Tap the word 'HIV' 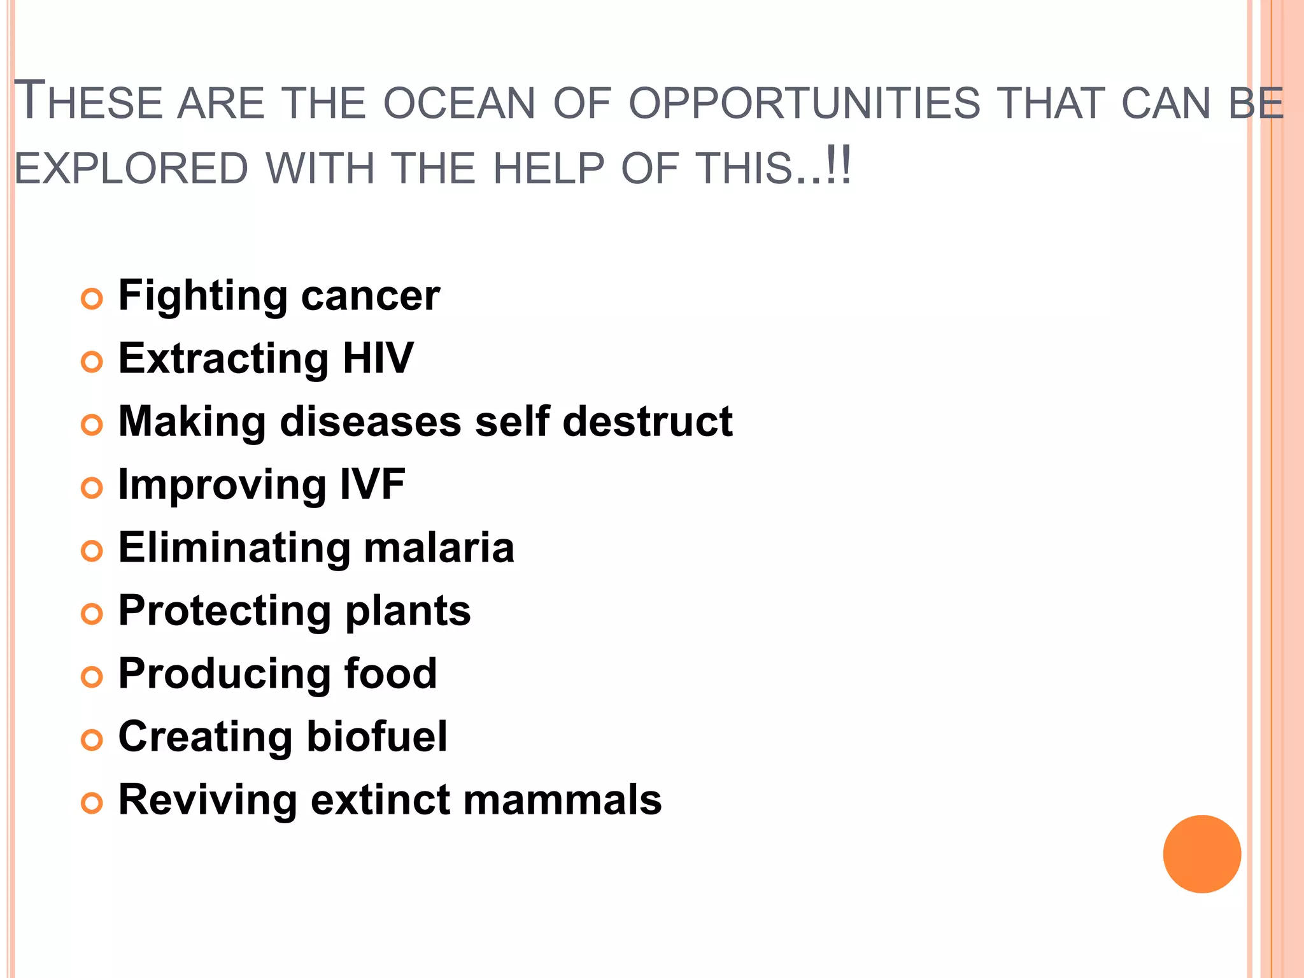[378, 358]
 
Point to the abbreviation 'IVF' [372, 484]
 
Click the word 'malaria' [439, 548]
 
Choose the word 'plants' [407, 611]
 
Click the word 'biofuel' [377, 737]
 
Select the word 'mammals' [562, 800]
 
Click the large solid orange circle [1201, 854]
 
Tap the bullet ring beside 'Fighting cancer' [92, 299]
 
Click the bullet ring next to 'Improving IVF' [92, 488]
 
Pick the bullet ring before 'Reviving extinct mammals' [92, 804]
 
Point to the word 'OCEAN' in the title [459, 104]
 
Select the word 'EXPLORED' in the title [131, 169]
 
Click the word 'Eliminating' [234, 548]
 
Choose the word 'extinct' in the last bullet [379, 800]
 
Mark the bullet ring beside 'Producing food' [92, 677]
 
